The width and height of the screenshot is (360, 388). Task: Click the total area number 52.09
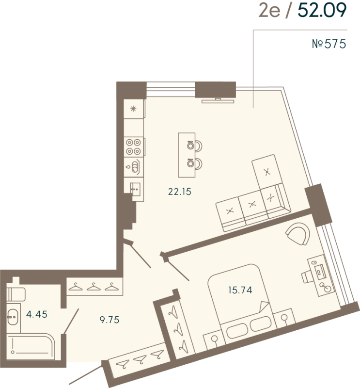pos(322,11)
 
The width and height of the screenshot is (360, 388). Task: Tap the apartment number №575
pos(328,45)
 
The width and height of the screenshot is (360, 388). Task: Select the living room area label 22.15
pos(180,192)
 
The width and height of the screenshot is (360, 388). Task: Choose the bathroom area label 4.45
pos(37,314)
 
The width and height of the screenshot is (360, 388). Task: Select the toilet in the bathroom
pos(17,292)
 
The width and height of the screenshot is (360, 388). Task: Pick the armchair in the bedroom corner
pos(298,234)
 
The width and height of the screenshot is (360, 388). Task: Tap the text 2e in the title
pos(269,11)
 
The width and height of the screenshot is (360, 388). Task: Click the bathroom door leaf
pos(71,319)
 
